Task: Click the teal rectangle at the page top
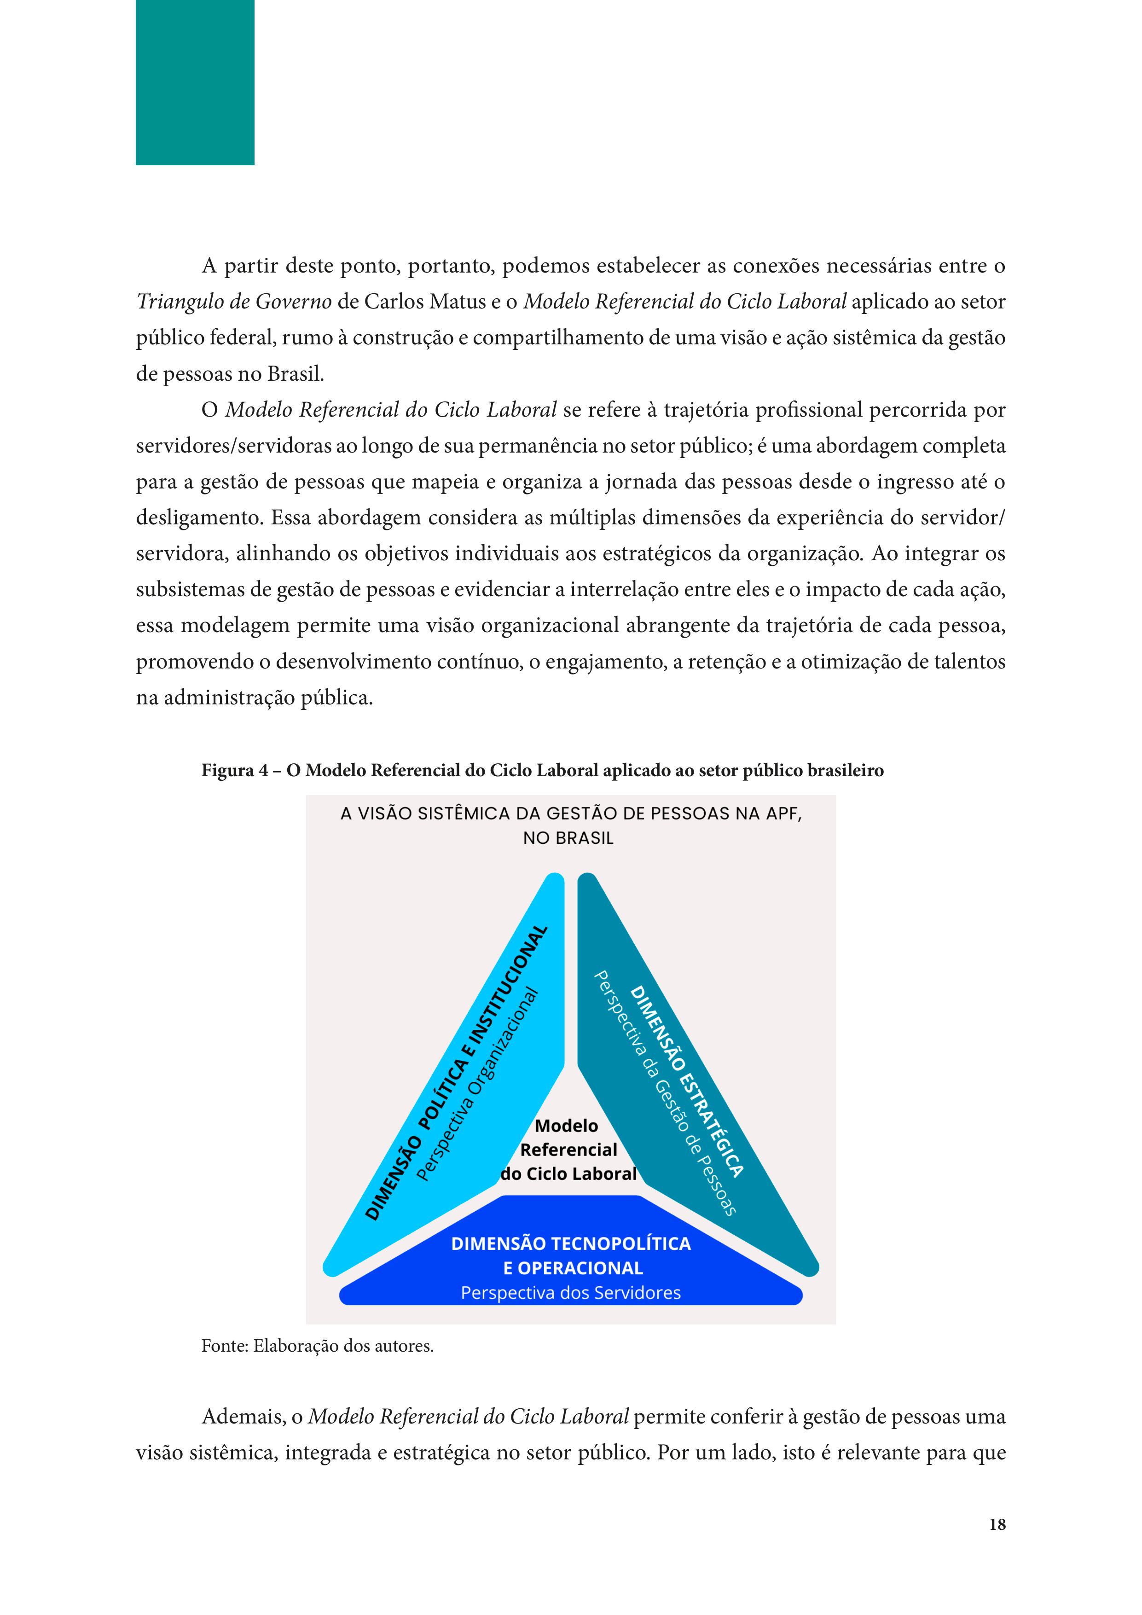[x=195, y=82]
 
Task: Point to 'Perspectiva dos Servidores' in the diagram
[x=570, y=1293]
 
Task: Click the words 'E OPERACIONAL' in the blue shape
[x=573, y=1268]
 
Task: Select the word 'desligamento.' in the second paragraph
[x=199, y=518]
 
